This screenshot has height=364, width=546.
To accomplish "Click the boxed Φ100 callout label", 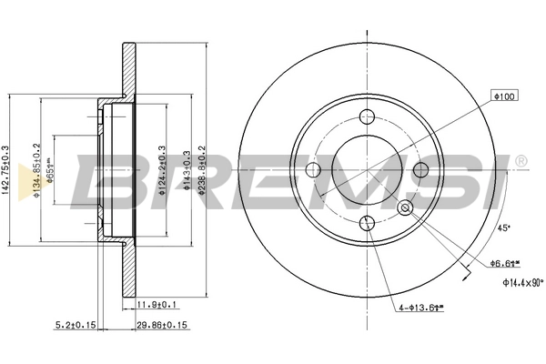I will (503, 96).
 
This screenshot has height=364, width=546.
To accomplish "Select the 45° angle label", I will (501, 228).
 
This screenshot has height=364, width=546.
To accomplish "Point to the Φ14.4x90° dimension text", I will (522, 283).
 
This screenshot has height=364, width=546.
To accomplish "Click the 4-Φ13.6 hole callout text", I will (420, 308).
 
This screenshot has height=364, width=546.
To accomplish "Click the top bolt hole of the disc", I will (368, 117).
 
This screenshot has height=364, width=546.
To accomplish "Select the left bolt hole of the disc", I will (314, 170).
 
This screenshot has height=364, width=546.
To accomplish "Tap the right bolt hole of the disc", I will (420, 170).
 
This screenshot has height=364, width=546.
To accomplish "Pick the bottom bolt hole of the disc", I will (368, 224).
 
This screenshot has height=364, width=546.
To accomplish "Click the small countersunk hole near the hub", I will (406, 208).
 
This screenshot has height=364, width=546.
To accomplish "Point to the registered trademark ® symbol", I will (520, 162).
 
